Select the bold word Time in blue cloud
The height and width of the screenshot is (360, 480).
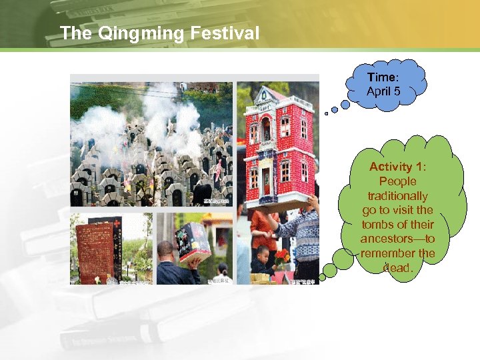[x=381, y=78]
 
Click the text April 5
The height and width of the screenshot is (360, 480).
[x=383, y=91]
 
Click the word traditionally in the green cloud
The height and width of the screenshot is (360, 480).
[x=397, y=196]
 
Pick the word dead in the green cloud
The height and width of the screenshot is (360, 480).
[x=398, y=268]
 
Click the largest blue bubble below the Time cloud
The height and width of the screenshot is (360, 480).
[x=345, y=104]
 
